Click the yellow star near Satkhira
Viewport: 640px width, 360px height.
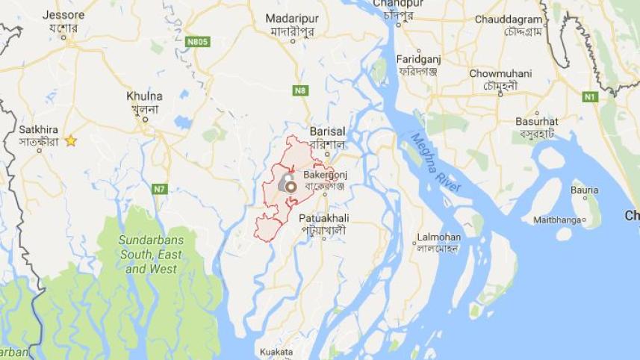71,140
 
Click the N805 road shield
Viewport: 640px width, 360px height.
198,42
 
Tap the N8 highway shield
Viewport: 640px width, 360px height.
300,90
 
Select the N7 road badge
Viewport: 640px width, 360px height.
159,189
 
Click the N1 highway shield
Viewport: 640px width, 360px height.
591,97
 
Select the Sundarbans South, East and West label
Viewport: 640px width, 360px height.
150,254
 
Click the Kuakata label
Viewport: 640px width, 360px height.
276,351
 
